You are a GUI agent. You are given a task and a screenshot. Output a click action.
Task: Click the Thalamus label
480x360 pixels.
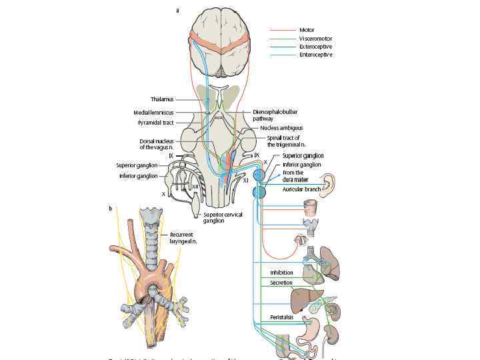point(162,99)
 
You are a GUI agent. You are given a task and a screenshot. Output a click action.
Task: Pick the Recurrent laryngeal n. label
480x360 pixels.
point(183,238)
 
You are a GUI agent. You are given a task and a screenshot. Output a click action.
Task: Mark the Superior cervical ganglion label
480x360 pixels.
point(223,217)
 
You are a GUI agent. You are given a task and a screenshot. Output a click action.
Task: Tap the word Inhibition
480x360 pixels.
point(281,273)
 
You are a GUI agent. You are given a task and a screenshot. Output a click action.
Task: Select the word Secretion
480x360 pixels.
point(281,283)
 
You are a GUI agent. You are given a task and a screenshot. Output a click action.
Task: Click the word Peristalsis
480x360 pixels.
point(282,317)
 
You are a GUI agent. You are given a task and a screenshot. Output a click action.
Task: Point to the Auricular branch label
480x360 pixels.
point(302,189)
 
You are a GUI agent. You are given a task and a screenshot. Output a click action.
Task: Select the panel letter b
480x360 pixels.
point(111,209)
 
